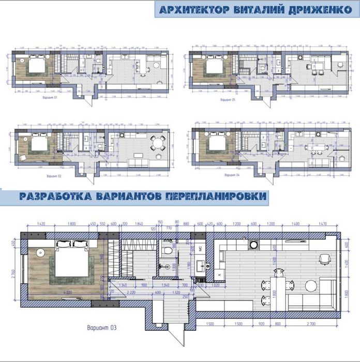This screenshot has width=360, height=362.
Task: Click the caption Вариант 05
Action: [227, 100]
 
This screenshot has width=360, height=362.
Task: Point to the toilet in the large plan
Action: [167, 251]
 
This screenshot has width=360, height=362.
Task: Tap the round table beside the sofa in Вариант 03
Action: [310, 285]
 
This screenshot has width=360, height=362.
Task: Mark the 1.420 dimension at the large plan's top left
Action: [41, 224]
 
